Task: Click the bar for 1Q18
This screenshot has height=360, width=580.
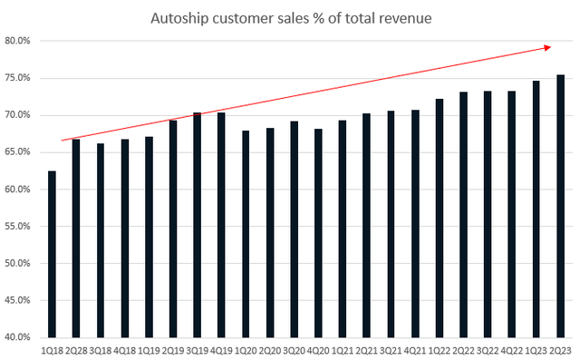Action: [x=52, y=254]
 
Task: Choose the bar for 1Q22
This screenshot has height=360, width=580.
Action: [x=440, y=218]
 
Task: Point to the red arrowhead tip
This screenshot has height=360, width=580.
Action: [x=552, y=46]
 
